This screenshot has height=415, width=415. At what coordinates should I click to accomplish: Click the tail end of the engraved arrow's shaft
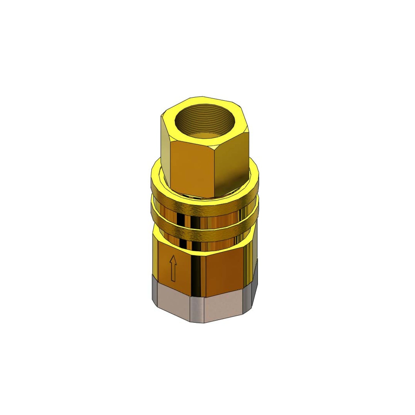[x=173, y=280]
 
